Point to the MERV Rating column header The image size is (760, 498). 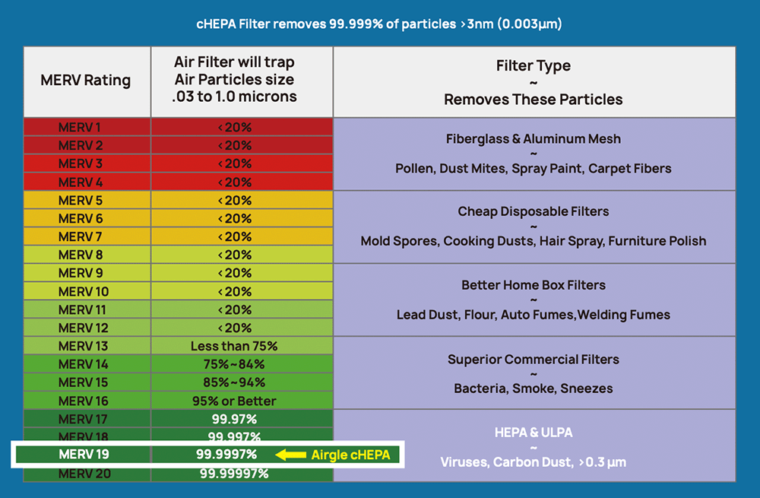[86, 81]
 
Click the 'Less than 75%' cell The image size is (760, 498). [234, 346]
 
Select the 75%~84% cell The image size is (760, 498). [234, 364]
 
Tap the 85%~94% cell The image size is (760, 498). [234, 382]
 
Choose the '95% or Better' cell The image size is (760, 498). [234, 401]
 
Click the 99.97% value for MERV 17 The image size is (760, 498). [234, 419]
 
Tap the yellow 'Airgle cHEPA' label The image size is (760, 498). [350, 455]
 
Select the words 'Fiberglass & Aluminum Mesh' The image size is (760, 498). [534, 139]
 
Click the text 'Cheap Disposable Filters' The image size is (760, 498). [534, 211]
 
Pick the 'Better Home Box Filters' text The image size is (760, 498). [534, 285]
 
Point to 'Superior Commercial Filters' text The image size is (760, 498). [534, 359]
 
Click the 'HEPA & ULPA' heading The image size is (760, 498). [534, 432]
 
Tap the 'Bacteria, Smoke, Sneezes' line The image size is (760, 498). [534, 389]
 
